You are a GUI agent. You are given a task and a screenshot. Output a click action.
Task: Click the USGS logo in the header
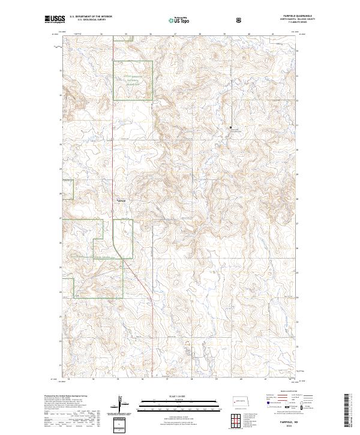55,20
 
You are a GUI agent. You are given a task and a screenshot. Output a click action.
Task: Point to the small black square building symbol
230,128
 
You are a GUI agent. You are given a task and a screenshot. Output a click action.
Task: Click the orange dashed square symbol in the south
187,344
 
